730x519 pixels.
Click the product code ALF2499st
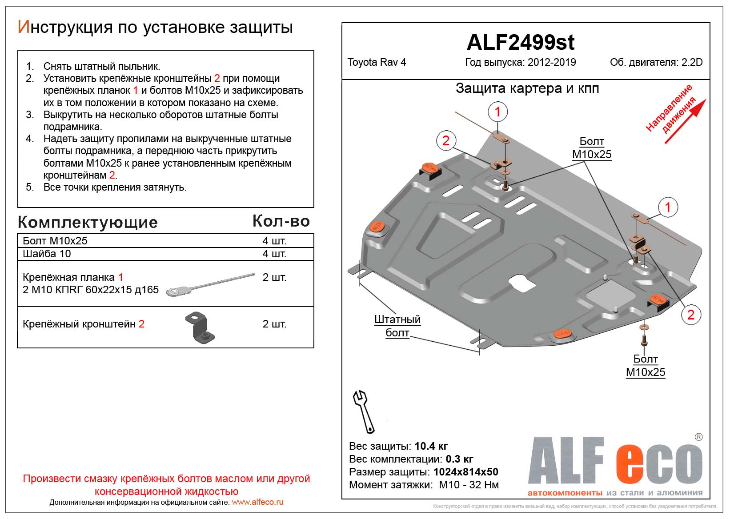coord(520,43)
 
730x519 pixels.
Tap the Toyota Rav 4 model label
coord(377,62)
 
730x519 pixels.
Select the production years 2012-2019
coord(551,62)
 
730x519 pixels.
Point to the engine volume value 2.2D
coord(692,62)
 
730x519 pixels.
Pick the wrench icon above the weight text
coord(363,411)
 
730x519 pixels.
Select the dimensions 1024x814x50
coord(465,472)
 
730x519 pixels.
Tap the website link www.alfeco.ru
coord(257,502)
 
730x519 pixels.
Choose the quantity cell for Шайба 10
coord(274,254)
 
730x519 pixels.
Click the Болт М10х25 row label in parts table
coord(55,241)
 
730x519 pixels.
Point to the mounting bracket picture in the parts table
coord(200,328)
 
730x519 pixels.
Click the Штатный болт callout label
coord(397,326)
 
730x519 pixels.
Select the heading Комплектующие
coord(88,222)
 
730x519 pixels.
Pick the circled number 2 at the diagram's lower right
coord(690,315)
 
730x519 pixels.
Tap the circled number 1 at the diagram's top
coord(497,112)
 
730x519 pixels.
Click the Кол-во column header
coord(281,221)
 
